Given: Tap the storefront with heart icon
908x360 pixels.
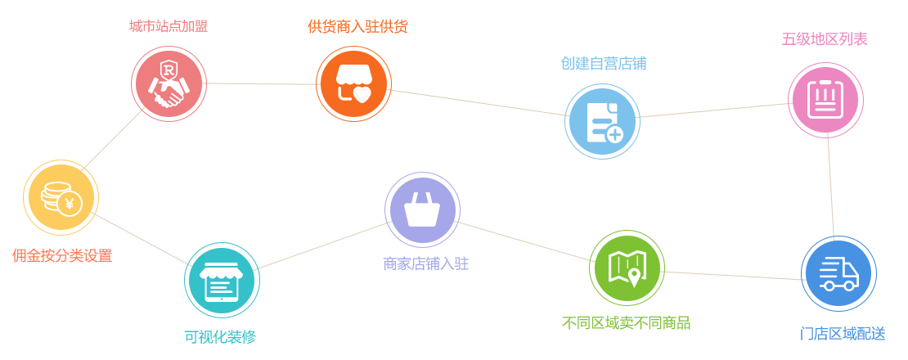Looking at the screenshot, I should pos(353,84).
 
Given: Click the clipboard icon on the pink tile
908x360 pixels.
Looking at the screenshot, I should pos(825,100).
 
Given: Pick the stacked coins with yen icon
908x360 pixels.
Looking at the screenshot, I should pos(61,198).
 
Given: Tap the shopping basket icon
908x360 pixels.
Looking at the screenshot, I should pos(422,209).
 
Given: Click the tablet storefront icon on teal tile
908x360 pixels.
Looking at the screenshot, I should pos(221,281).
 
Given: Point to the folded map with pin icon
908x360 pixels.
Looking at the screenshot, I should pos(627,269).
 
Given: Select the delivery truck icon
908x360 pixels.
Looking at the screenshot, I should pos(838,273).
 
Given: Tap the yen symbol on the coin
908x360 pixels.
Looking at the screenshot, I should pos(70,204).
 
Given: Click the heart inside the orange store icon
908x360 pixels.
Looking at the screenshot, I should pos(362,94).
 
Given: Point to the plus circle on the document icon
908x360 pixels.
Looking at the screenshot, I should pos(614,134).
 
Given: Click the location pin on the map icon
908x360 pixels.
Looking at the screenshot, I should pos(634,278).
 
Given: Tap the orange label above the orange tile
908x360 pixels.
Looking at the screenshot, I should pos(357,26).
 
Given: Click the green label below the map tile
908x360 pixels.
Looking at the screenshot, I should pos(626,322).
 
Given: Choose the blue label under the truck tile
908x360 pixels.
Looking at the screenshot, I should pos(842,334).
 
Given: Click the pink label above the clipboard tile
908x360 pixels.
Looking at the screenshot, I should pos(825,38).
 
